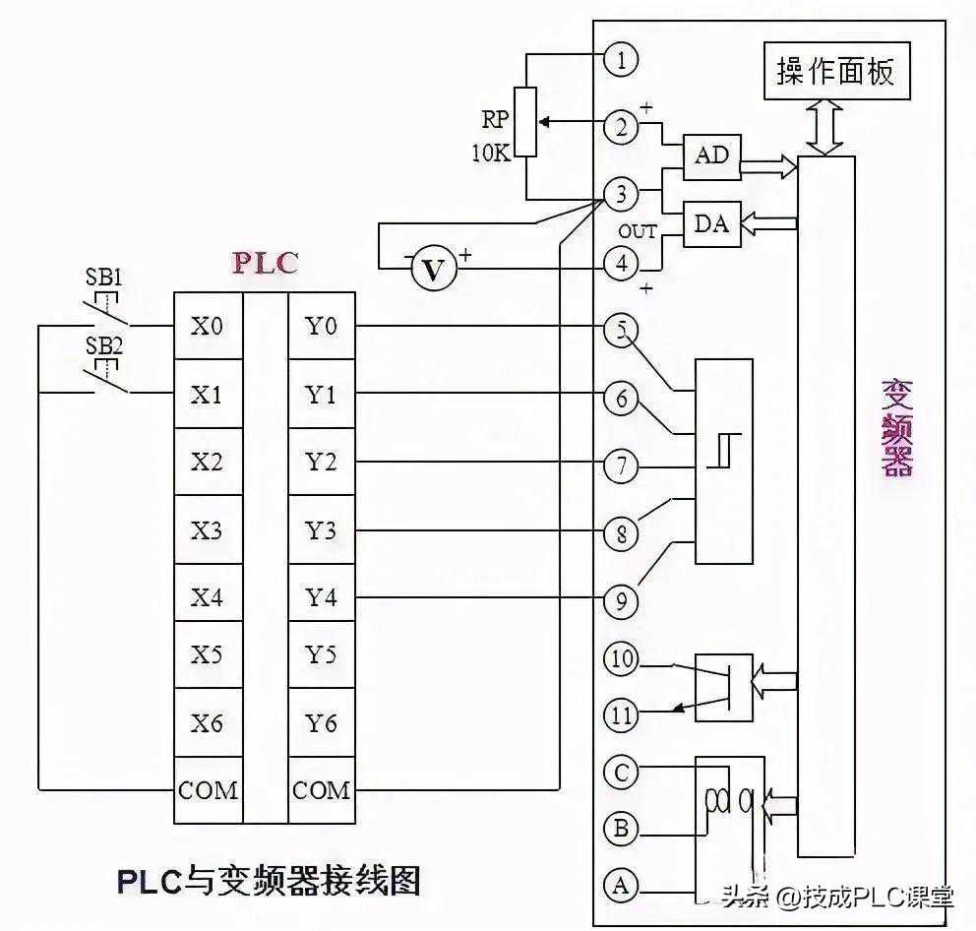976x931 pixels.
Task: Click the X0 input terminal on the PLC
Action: pyautogui.click(x=208, y=327)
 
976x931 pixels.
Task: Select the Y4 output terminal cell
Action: pyautogui.click(x=322, y=597)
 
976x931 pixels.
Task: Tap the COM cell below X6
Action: pyautogui.click(x=208, y=790)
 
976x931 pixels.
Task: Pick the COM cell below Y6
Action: pyautogui.click(x=322, y=790)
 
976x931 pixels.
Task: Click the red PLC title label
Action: pyautogui.click(x=265, y=264)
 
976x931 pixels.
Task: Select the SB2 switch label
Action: pyautogui.click(x=104, y=345)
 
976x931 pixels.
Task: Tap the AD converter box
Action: pyautogui.click(x=712, y=156)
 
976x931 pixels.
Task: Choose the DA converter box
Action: pyautogui.click(x=712, y=224)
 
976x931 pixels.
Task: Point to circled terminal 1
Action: pyautogui.click(x=621, y=60)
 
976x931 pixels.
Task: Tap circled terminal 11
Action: pyautogui.click(x=621, y=714)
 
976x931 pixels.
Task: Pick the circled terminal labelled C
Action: pyautogui.click(x=621, y=773)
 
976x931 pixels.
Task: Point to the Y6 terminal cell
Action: pyautogui.click(x=322, y=724)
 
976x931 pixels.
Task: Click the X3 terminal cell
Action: pyautogui.click(x=208, y=530)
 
